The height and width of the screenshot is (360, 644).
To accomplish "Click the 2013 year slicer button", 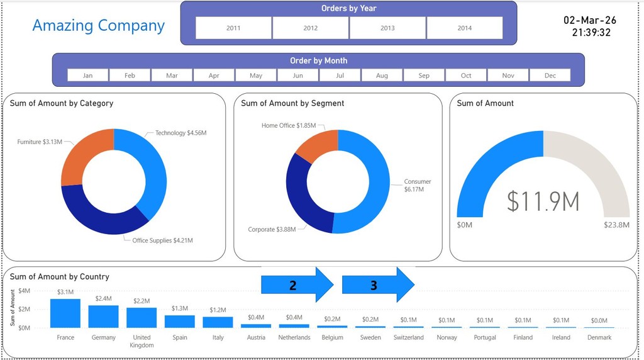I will point(387,28).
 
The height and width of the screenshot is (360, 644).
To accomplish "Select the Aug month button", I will point(382,76).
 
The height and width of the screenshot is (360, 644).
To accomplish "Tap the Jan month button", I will point(87,76).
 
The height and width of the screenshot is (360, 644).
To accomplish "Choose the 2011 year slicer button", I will point(233,28).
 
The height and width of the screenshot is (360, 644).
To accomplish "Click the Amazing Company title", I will point(98,26).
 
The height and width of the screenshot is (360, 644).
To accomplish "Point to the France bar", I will point(65,313).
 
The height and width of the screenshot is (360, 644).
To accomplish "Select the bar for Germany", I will point(103,316).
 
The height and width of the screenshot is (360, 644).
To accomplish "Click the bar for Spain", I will point(180,321).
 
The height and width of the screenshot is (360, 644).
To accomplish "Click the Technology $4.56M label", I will point(180,133).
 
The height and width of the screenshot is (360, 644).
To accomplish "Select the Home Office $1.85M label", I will point(289,126).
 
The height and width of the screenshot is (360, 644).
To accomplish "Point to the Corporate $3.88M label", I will point(272,229).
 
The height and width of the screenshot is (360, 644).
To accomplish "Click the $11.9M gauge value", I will point(543,201).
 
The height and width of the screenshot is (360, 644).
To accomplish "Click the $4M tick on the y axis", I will point(24,291).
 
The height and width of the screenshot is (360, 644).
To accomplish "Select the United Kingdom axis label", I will point(142,341).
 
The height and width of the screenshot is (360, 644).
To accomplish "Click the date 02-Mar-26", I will point(590,20).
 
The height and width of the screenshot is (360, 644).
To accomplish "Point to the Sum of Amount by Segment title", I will point(292,103).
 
